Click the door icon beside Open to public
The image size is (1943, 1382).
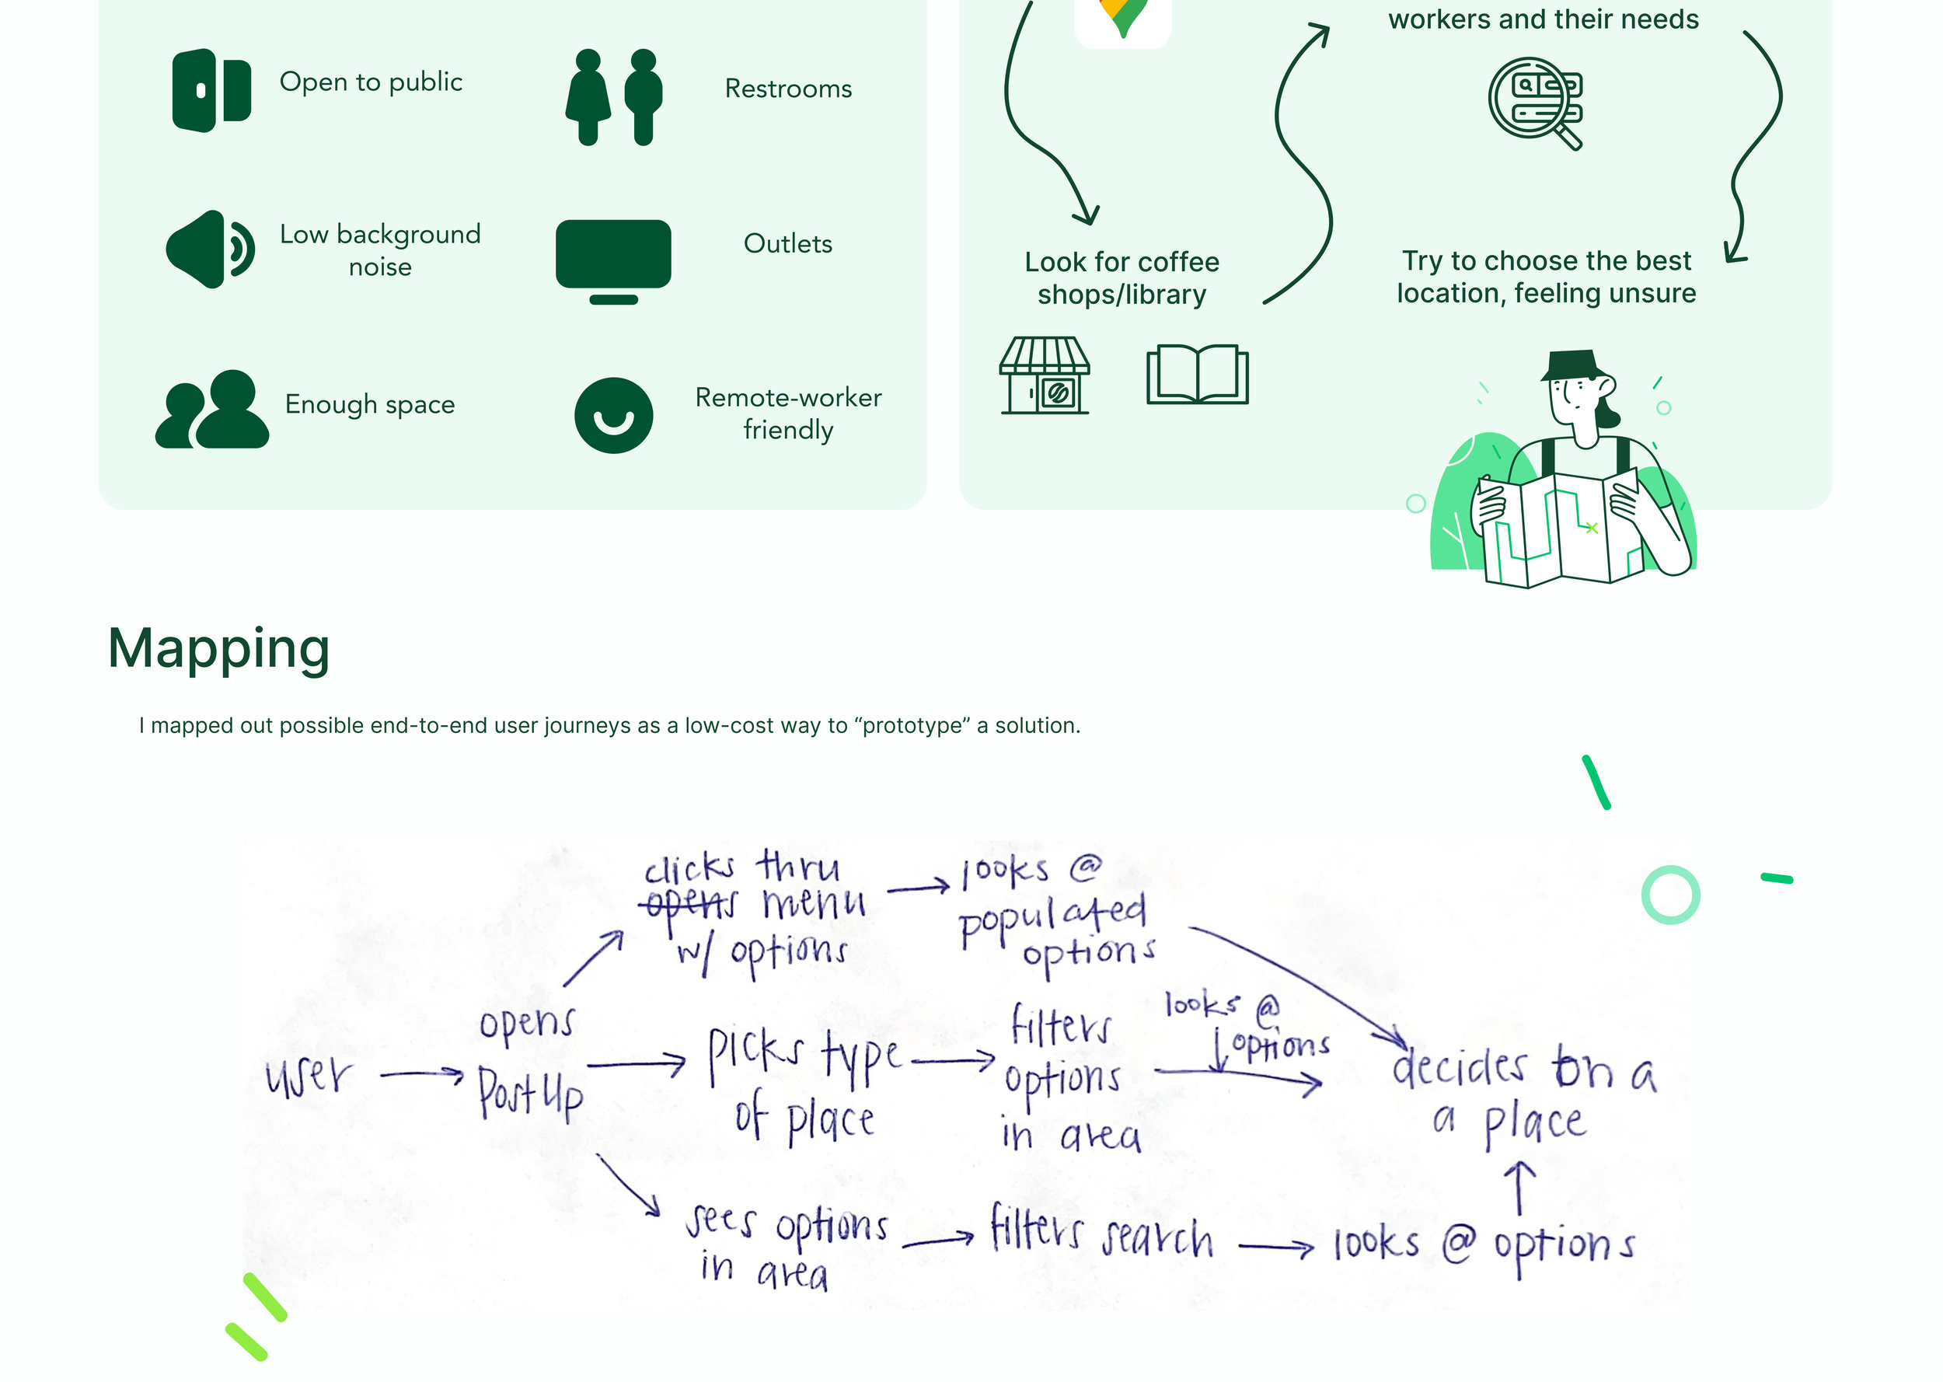(x=211, y=90)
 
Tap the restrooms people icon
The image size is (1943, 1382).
(x=613, y=97)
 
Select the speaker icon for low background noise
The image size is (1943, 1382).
(x=209, y=250)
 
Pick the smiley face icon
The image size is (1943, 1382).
(x=613, y=415)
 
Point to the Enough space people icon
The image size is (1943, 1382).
(x=212, y=410)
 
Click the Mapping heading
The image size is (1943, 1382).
(x=218, y=648)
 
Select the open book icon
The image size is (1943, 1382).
(x=1197, y=375)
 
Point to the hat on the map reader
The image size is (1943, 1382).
(x=1571, y=365)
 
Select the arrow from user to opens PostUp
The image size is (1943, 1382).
(x=422, y=1076)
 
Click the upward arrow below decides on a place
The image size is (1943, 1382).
(x=1519, y=1188)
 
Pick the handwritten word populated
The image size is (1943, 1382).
(x=1052, y=918)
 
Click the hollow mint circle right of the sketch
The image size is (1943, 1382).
(x=1670, y=895)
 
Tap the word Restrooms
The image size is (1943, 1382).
(x=788, y=89)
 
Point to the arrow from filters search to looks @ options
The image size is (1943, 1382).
(x=1276, y=1248)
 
